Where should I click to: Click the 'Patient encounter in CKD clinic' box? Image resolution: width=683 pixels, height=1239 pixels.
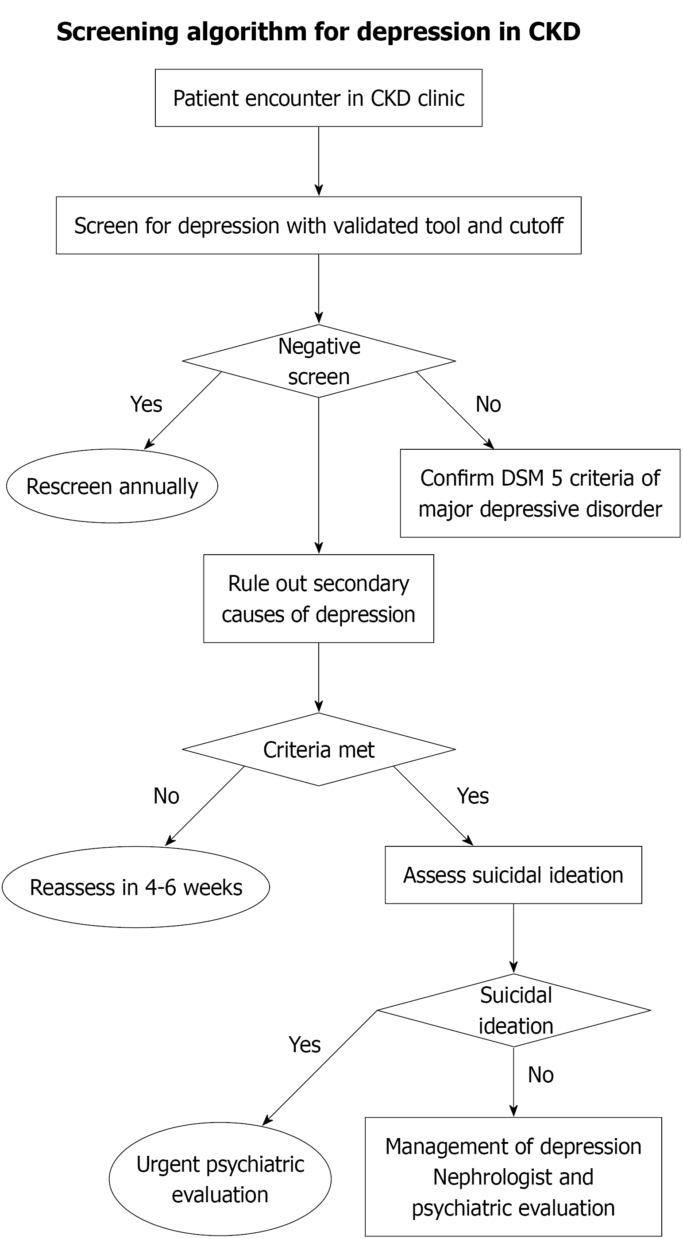318,98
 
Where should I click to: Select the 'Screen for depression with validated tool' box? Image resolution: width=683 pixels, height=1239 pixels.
318,225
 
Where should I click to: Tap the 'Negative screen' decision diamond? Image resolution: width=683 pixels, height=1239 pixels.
318,361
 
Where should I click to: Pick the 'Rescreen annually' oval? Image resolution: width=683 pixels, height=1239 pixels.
112,486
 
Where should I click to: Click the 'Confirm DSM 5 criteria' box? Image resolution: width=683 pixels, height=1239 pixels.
540,493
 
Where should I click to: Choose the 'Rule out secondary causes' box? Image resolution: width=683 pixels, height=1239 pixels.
318,598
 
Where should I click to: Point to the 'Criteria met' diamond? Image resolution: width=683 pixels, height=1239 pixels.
318,749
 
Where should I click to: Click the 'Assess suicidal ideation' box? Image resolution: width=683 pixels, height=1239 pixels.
513,875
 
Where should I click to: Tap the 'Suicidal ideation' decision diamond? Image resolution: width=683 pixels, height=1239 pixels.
514,1010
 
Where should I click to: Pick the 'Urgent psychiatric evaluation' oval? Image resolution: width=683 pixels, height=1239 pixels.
220,1179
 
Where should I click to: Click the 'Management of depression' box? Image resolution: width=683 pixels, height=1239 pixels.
513,1177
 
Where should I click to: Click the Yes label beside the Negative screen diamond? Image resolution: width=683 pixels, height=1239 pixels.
146,404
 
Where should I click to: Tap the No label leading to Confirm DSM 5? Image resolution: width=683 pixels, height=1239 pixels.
488,404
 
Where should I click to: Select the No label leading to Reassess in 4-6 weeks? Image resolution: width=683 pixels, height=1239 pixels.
166,796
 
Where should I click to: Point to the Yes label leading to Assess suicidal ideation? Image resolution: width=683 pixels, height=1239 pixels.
473,796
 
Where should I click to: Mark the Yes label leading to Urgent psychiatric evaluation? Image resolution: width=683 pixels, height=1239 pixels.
305,1045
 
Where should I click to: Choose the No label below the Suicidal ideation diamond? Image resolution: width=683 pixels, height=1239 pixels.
540,1075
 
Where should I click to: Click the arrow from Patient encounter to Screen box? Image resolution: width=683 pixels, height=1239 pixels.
318,162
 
